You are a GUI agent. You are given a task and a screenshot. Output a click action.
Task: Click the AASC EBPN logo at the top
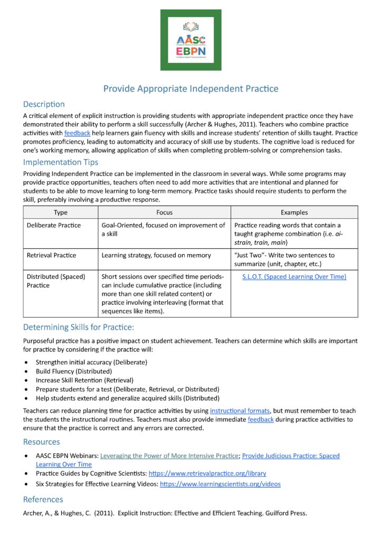(190, 40)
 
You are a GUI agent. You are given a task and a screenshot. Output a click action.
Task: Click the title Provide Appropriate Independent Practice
(190, 88)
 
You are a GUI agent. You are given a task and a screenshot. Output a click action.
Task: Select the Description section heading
(44, 104)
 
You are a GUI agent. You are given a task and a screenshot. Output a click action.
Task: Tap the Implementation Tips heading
(60, 162)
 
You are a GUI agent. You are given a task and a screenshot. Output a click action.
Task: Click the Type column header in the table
(61, 212)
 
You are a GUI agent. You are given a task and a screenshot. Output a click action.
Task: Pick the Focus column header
(164, 212)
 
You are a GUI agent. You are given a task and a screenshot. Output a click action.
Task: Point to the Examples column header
(294, 212)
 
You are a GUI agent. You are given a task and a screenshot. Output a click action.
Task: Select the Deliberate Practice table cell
(54, 225)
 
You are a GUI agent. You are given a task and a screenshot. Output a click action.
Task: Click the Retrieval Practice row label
(51, 255)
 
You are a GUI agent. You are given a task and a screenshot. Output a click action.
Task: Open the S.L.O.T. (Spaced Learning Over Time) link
(294, 276)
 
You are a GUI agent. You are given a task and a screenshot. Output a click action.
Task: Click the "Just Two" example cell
(284, 259)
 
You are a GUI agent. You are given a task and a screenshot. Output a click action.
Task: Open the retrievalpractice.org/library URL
(207, 473)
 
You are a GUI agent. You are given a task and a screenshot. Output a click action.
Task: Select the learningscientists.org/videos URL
(220, 483)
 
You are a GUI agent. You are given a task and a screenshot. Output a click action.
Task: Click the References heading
(43, 499)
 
